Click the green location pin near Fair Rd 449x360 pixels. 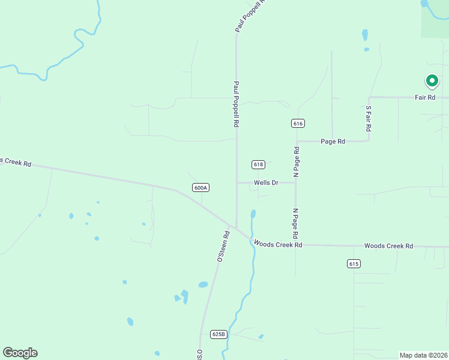click(x=432, y=81)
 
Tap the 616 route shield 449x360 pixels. click(x=298, y=123)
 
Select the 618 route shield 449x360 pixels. click(x=258, y=164)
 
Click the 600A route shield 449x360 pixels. click(x=200, y=187)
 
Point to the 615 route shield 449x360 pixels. click(x=354, y=263)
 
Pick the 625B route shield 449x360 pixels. click(x=218, y=334)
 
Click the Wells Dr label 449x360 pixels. click(x=266, y=182)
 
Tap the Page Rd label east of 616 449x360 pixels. click(x=333, y=142)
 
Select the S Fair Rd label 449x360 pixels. click(x=369, y=119)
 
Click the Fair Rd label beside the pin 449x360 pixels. click(x=425, y=97)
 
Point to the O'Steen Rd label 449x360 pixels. click(x=223, y=247)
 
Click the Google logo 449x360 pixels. click(x=20, y=353)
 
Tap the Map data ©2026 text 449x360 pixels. click(x=423, y=355)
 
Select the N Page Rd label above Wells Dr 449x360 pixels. click(x=296, y=161)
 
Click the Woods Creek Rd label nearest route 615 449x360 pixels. click(x=388, y=246)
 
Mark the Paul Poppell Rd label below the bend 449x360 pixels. click(x=237, y=104)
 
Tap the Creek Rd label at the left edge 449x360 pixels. click(x=16, y=162)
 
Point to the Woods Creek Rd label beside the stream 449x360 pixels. click(x=277, y=244)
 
